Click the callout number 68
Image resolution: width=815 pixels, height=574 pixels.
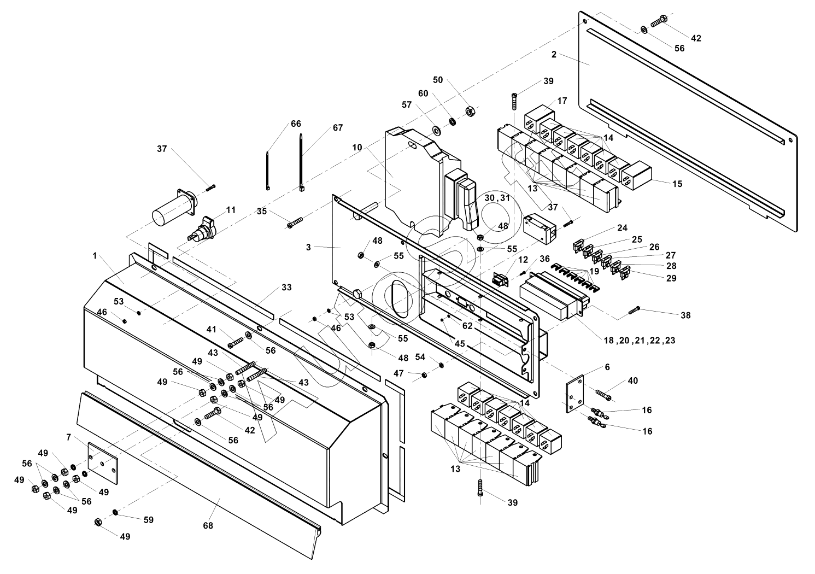(x=208, y=526)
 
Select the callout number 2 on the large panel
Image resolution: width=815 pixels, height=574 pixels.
(x=554, y=55)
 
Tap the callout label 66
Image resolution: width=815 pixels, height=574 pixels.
(x=296, y=124)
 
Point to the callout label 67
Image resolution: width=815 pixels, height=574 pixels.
(x=338, y=128)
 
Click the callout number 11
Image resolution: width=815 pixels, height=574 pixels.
(x=231, y=210)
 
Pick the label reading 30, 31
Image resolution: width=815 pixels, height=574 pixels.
(x=497, y=198)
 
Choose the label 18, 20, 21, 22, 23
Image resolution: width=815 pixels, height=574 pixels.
(x=639, y=340)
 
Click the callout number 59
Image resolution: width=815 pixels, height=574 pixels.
(x=149, y=520)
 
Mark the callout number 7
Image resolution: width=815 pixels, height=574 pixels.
(x=68, y=437)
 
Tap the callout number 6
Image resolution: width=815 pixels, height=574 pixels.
(x=607, y=367)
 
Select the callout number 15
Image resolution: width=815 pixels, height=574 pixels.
(x=677, y=184)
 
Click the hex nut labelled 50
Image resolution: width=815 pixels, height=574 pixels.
(x=469, y=112)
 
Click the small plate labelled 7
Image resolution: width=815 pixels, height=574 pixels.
(x=103, y=463)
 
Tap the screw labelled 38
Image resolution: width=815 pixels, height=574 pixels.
(x=634, y=311)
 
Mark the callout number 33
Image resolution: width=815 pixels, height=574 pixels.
(x=286, y=288)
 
